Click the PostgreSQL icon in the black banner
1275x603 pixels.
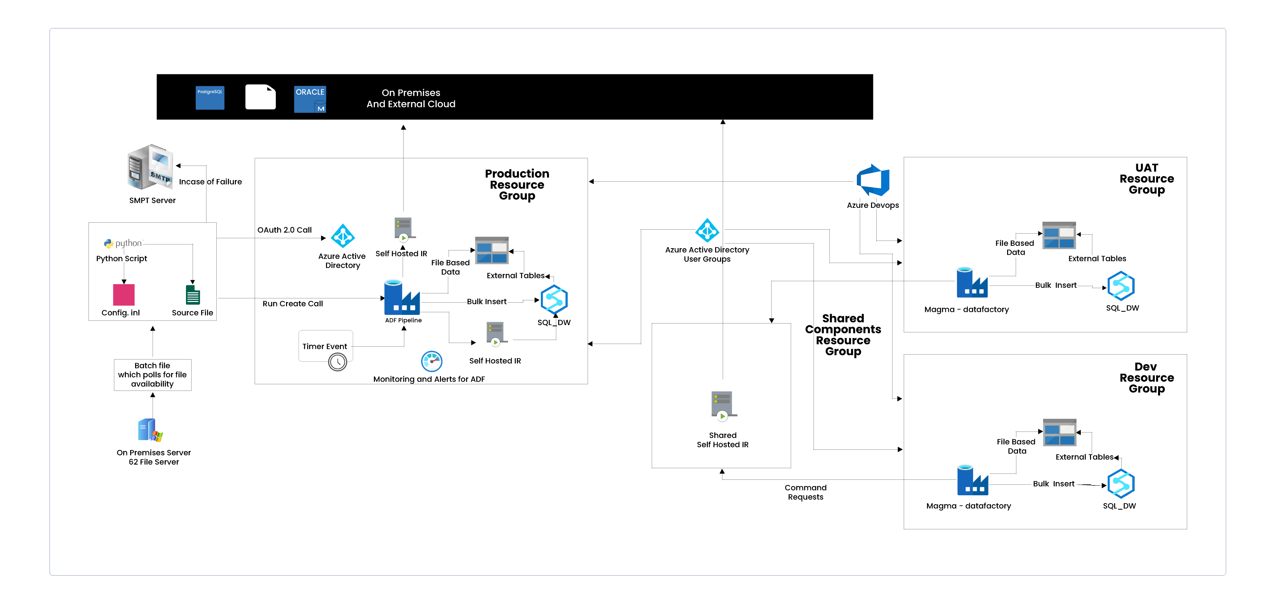coord(210,97)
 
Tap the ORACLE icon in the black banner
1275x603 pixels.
coord(310,99)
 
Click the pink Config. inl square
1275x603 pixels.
coord(124,295)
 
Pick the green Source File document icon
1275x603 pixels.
coord(193,295)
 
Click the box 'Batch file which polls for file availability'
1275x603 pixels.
coord(153,375)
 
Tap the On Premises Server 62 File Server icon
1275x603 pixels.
coord(150,430)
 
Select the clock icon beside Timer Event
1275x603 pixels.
coord(338,362)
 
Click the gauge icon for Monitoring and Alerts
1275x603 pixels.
coord(432,361)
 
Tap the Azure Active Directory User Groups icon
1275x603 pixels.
coord(707,230)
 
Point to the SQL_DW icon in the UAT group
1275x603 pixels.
coord(1121,286)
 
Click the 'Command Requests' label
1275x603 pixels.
coord(805,492)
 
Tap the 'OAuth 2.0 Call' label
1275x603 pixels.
coord(285,230)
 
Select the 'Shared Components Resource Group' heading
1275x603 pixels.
coord(843,335)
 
